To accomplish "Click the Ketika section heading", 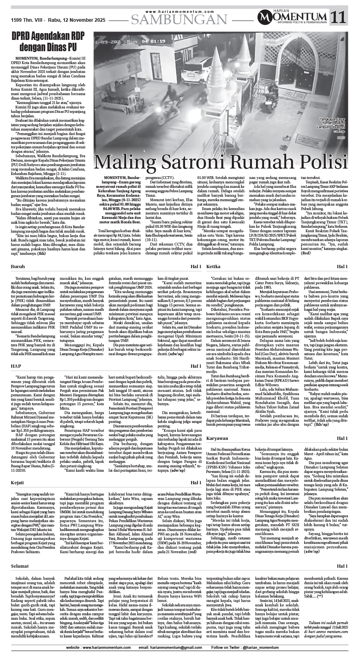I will [213, 267].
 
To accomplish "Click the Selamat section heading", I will [20, 566].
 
